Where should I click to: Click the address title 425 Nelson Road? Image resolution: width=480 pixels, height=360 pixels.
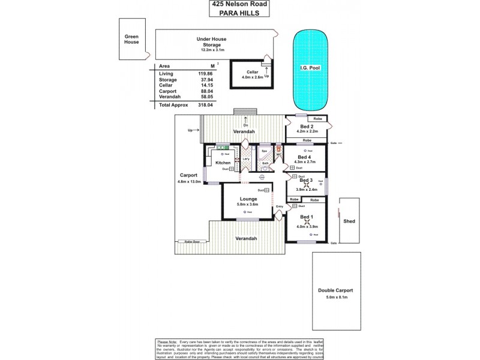click(x=240, y=4)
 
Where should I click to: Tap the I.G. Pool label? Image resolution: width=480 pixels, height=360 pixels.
click(x=311, y=68)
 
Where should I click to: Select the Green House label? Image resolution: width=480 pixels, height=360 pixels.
click(x=132, y=40)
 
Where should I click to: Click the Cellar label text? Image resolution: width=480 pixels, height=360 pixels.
click(x=252, y=71)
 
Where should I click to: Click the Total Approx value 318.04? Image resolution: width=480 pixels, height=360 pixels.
click(x=206, y=104)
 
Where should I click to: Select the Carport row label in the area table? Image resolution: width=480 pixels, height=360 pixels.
click(x=168, y=91)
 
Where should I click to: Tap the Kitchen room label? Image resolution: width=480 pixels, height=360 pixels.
click(x=223, y=163)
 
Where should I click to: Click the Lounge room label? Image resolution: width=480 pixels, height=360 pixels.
click(x=248, y=199)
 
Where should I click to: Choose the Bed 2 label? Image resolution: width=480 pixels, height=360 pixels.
click(x=306, y=127)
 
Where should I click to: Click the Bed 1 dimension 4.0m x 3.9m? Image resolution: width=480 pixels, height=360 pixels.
click(x=307, y=226)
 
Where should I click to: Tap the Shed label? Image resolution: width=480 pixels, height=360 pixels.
click(x=349, y=221)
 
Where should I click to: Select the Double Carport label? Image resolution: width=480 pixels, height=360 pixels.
click(x=336, y=291)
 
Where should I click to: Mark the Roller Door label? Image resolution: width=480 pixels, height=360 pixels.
click(x=191, y=242)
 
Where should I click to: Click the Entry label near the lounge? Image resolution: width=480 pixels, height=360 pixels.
click(x=279, y=207)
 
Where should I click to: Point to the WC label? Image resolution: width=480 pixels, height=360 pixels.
click(x=279, y=155)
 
